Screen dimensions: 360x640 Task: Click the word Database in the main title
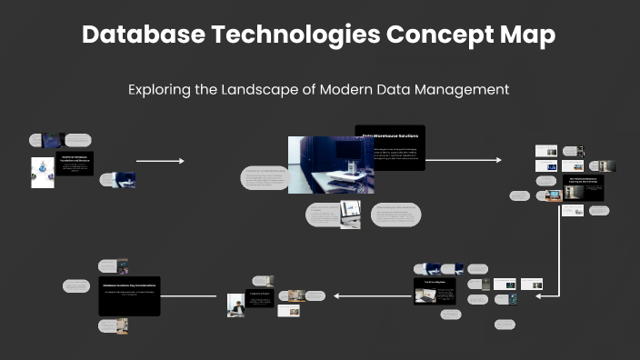[137, 35]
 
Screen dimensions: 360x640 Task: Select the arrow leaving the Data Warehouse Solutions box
[463, 160]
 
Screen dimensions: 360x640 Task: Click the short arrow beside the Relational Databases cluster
[160, 161]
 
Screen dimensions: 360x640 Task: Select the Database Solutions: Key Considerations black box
[129, 295]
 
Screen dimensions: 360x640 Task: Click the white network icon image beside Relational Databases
[42, 173]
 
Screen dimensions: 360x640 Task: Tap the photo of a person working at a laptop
[235, 305]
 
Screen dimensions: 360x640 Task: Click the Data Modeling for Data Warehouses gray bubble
[396, 215]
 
